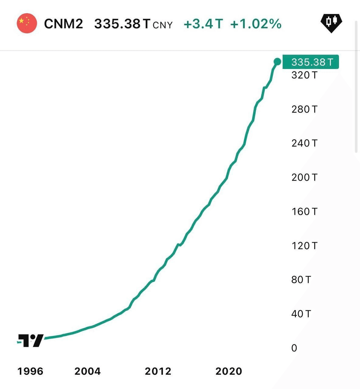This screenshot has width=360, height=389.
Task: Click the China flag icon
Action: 27,23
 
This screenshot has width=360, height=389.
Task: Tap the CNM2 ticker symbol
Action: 64,24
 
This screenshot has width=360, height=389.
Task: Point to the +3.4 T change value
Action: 203,24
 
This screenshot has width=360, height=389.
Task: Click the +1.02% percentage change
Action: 256,24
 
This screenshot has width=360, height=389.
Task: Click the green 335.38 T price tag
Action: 311,62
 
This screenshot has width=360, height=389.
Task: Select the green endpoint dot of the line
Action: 277,62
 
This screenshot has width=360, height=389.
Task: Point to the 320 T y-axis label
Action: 304,75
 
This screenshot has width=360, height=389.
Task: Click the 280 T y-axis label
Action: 304,109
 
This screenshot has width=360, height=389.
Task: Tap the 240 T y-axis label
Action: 304,143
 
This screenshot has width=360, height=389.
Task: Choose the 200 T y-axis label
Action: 304,177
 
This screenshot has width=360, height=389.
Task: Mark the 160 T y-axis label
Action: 304,211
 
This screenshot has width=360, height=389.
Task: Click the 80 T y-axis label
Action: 301,280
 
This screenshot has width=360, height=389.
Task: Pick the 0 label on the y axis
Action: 294,348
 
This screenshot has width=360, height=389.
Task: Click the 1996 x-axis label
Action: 30,371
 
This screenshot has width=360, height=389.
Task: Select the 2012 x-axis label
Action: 158,371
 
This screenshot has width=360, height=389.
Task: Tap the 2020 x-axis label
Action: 229,371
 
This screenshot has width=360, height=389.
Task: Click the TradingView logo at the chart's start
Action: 31,340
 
